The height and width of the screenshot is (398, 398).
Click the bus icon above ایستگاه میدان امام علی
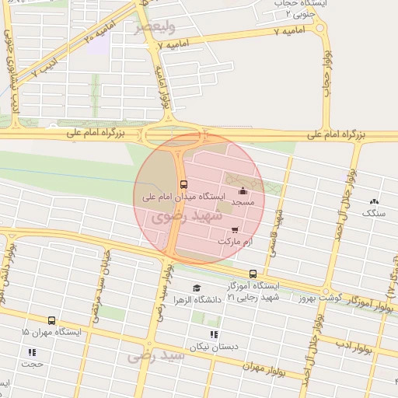click(x=183, y=184)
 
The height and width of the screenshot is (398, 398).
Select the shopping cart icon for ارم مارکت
click(x=235, y=230)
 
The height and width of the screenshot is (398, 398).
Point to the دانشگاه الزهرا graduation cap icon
click(x=195, y=288)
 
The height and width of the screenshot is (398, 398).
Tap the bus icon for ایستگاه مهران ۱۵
click(x=51, y=320)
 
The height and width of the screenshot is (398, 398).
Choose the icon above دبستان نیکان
click(x=214, y=334)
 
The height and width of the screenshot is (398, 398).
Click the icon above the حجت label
click(x=33, y=352)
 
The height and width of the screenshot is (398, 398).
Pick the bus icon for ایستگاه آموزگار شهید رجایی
click(x=253, y=274)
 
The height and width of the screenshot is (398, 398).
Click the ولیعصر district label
click(x=152, y=27)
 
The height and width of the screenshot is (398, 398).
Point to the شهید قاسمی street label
click(x=274, y=233)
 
